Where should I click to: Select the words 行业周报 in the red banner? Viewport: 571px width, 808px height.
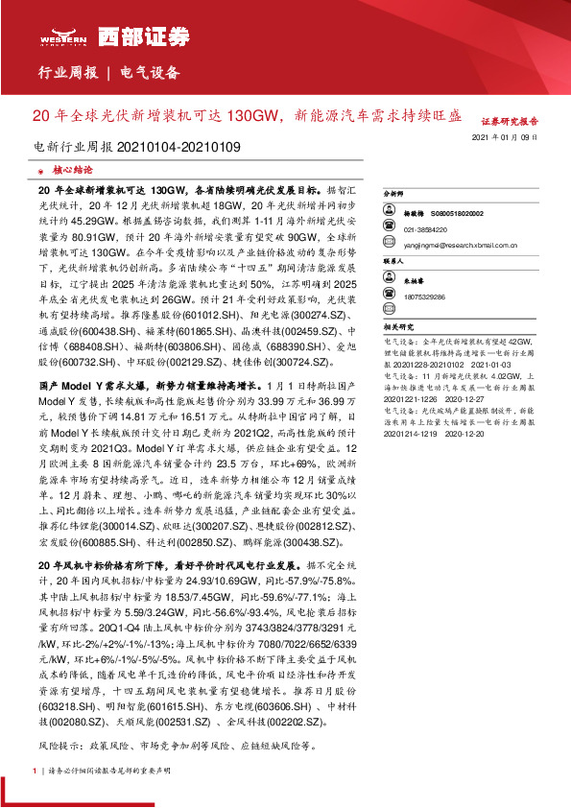[67, 72]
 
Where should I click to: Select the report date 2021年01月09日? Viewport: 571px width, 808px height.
[505, 139]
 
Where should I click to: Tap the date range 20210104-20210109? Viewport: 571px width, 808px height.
[178, 147]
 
